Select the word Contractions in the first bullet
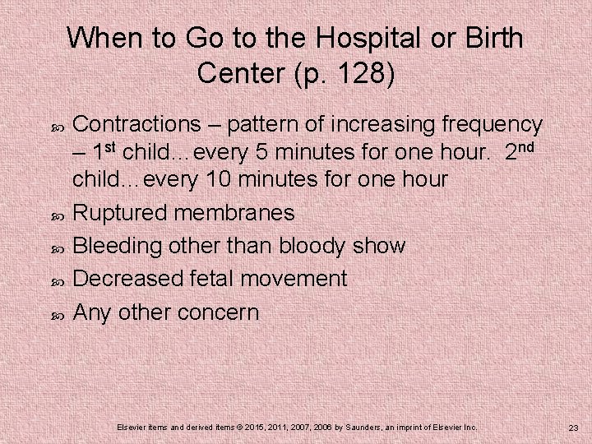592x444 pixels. [136, 125]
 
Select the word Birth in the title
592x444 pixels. [493, 39]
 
